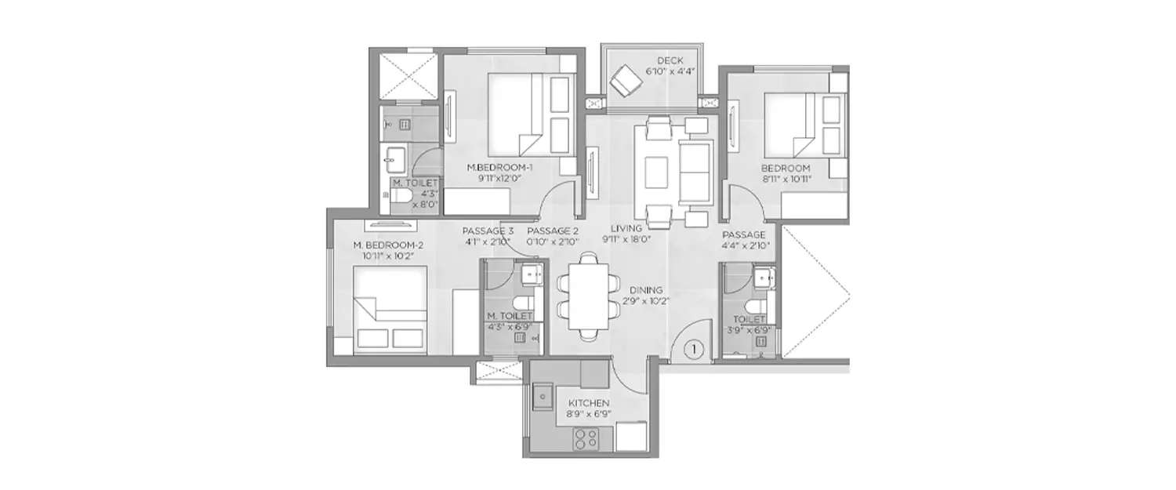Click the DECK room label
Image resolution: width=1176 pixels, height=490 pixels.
pos(670,60)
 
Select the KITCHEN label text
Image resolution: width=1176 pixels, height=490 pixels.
pos(590,403)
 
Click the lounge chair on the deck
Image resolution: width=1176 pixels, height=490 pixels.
pos(627,78)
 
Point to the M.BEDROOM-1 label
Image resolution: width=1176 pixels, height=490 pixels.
pos(494,167)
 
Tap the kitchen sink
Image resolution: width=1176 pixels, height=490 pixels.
pos(542,398)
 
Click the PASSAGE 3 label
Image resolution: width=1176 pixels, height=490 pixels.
pos(488,231)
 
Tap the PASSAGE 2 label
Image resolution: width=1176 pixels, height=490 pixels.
pos(552,231)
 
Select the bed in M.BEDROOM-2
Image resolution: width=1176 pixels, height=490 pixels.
pos(390,307)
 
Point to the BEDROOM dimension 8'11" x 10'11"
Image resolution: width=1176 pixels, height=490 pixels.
pos(785,179)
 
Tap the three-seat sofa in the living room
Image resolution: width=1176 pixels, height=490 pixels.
pos(692,171)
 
